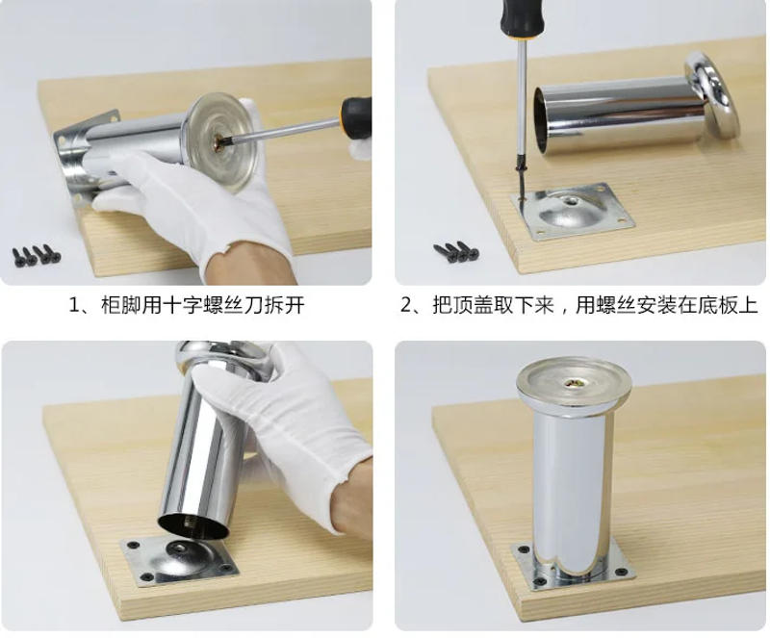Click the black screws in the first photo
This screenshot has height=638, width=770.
36,255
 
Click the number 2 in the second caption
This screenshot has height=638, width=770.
408,306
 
